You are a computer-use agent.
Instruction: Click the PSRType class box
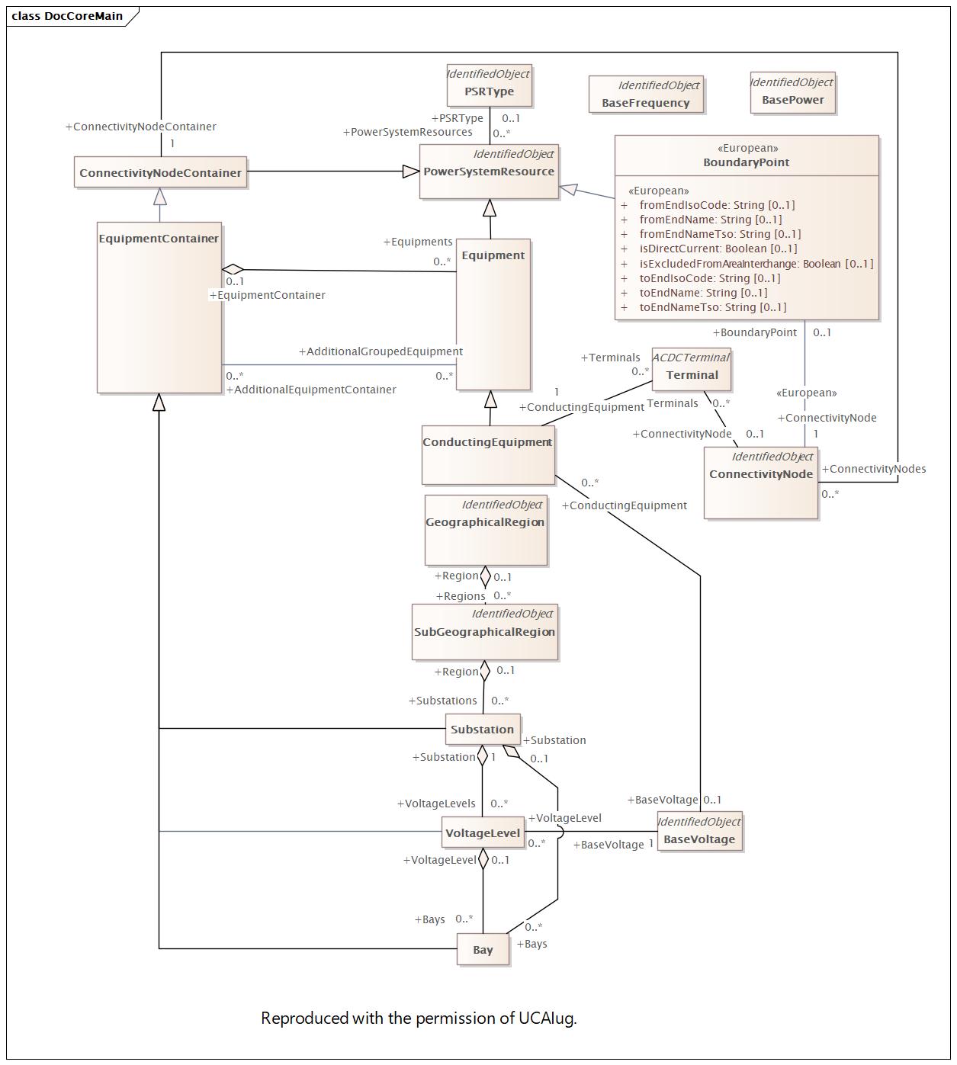click(489, 85)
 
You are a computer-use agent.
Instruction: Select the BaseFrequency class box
click(646, 95)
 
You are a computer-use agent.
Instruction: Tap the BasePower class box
click(792, 93)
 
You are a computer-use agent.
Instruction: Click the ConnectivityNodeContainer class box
click(160, 172)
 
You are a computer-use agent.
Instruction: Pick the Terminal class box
click(692, 369)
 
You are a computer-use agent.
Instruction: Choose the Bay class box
click(483, 949)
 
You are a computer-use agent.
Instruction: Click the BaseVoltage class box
click(699, 832)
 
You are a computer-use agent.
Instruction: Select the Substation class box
click(483, 730)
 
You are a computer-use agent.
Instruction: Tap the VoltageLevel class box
click(483, 832)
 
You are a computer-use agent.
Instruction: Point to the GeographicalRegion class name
click(485, 522)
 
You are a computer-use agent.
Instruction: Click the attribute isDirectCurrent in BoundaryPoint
click(718, 249)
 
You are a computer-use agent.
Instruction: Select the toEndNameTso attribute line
click(712, 307)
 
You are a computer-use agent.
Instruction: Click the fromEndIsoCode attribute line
click(717, 205)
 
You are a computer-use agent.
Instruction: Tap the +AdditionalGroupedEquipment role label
click(381, 351)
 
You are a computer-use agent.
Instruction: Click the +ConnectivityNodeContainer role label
click(141, 127)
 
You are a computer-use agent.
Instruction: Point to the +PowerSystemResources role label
click(407, 132)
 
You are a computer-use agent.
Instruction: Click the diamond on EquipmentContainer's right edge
click(233, 269)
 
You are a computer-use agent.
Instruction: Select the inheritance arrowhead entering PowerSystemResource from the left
click(411, 172)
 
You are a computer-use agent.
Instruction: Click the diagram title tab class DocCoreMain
click(68, 16)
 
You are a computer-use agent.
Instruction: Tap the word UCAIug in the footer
click(547, 1018)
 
